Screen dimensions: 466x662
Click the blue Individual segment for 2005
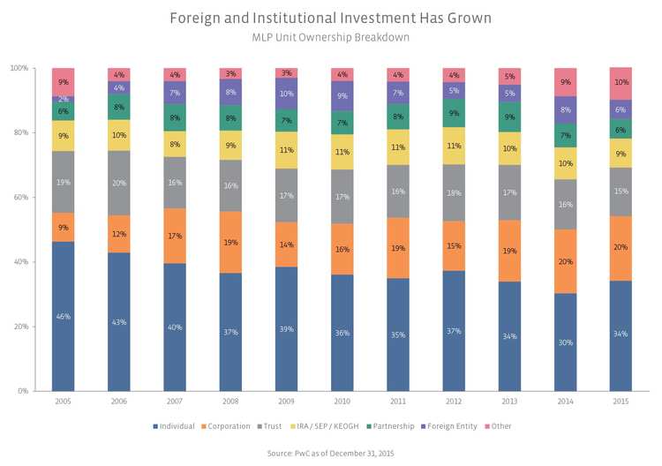pos(63,316)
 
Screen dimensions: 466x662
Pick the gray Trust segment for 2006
pos(118,183)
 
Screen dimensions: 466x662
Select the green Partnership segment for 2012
pos(454,113)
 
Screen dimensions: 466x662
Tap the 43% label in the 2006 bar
pos(118,321)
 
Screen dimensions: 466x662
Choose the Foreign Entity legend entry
pos(451,426)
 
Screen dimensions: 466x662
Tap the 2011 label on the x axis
pos(397,402)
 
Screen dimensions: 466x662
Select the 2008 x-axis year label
pos(229,402)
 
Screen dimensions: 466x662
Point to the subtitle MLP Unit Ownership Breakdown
pos(330,38)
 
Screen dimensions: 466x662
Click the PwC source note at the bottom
pos(330,453)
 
